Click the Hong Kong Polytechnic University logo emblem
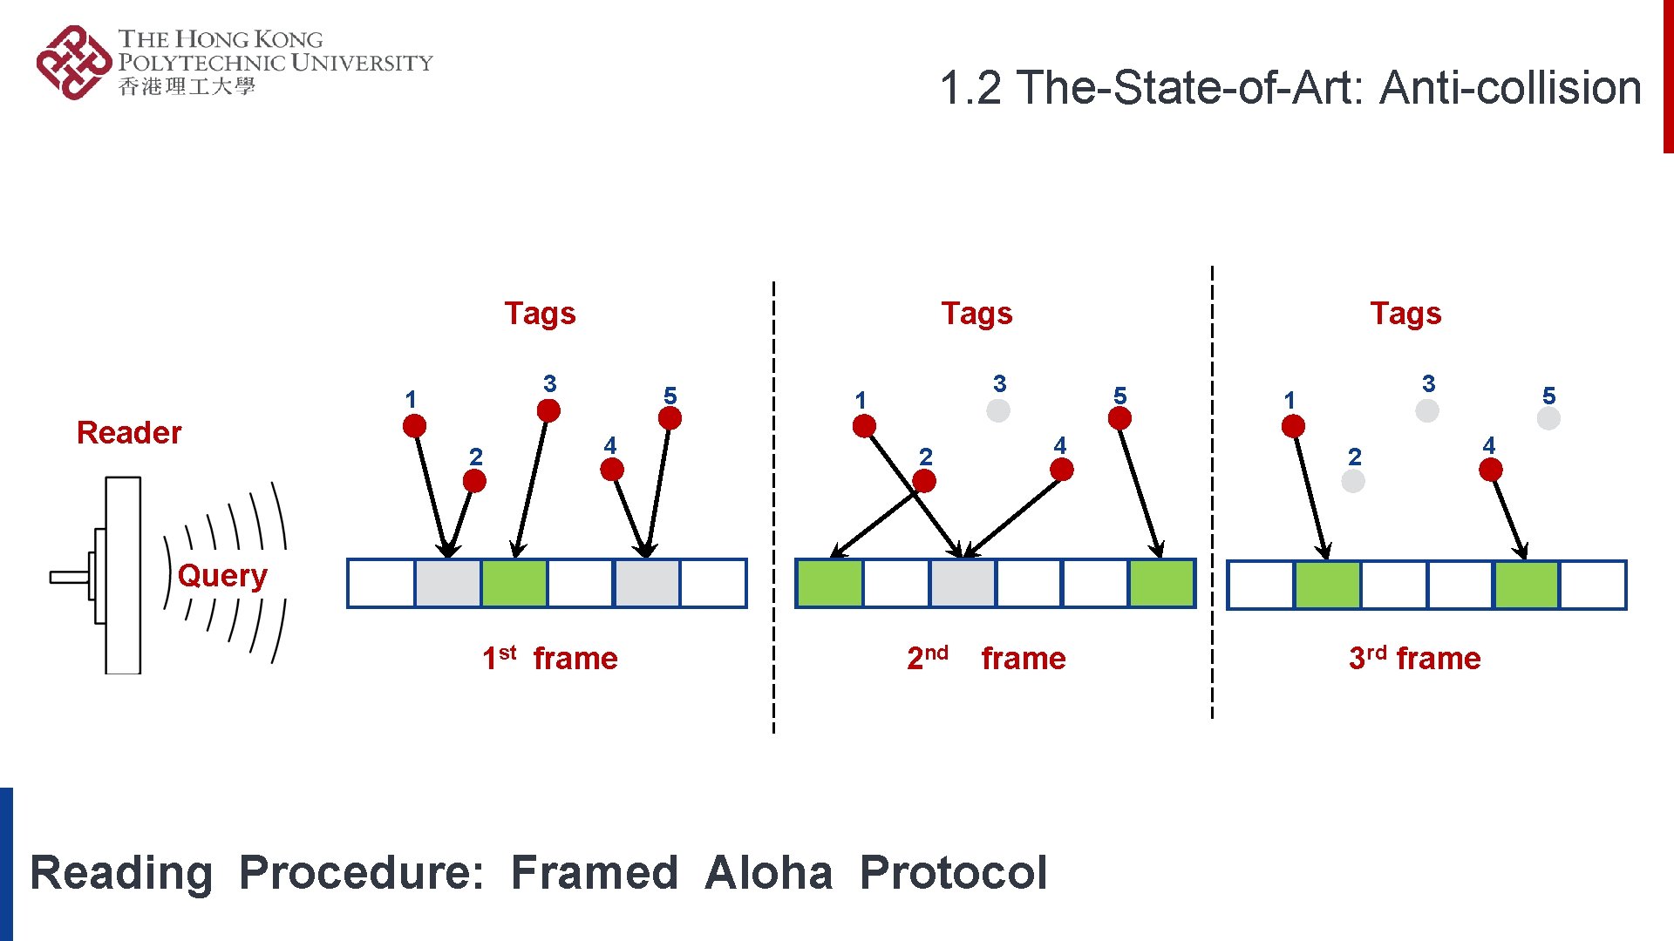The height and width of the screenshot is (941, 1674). pyautogui.click(x=73, y=63)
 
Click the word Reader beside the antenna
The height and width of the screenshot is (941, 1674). pyautogui.click(x=129, y=433)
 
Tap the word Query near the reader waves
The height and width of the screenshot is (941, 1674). pyautogui.click(x=221, y=576)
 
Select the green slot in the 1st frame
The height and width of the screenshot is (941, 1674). pyautogui.click(x=514, y=583)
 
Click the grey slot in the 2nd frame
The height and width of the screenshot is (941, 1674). pyautogui.click(x=963, y=583)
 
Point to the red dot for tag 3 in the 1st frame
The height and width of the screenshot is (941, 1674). pyautogui.click(x=548, y=410)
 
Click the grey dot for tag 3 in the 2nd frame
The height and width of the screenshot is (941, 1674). pyautogui.click(x=998, y=410)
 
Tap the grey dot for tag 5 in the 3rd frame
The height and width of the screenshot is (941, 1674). pyautogui.click(x=1548, y=418)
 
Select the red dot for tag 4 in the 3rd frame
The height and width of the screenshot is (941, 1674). pyautogui.click(x=1491, y=470)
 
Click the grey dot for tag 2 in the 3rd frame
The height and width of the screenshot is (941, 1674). pyautogui.click(x=1353, y=481)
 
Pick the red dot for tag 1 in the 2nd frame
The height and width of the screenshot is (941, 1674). pyautogui.click(x=864, y=426)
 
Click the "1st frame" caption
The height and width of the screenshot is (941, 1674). pyautogui.click(x=550, y=658)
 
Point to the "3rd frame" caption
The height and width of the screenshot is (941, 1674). pyautogui.click(x=1414, y=658)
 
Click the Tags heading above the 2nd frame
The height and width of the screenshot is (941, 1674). pyautogui.click(x=976, y=314)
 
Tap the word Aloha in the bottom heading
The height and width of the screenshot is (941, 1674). pyautogui.click(x=768, y=873)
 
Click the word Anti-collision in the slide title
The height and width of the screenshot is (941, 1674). pyautogui.click(x=1510, y=88)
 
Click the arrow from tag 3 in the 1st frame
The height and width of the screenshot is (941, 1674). pyautogui.click(x=533, y=484)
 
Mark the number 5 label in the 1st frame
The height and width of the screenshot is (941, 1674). pyautogui.click(x=670, y=396)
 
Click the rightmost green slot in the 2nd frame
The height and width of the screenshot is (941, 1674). pyautogui.click(x=1161, y=583)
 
